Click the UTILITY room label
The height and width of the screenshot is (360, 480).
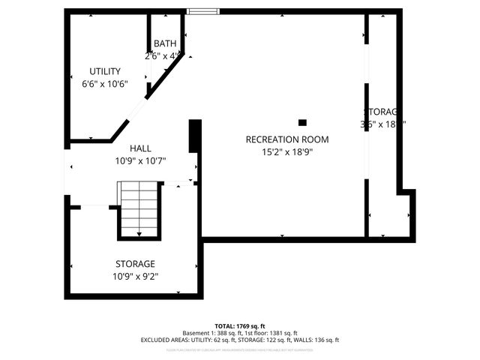point(105,71)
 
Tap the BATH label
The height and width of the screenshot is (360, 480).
point(164,44)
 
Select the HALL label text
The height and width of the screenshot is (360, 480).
point(140,148)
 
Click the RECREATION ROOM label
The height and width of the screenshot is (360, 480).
point(287,139)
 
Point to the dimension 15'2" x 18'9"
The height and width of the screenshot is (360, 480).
point(287,151)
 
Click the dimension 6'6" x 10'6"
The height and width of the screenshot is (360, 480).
point(105,83)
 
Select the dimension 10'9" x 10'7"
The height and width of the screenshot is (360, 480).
point(140,160)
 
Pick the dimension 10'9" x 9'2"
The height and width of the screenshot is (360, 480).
point(135,276)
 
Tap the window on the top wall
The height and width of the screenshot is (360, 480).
point(202,11)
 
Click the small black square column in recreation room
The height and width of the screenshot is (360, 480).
point(302,122)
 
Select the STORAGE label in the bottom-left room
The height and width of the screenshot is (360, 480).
point(135,264)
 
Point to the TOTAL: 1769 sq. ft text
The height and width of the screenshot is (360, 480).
point(239,326)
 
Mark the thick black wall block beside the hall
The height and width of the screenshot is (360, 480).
point(195,136)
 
